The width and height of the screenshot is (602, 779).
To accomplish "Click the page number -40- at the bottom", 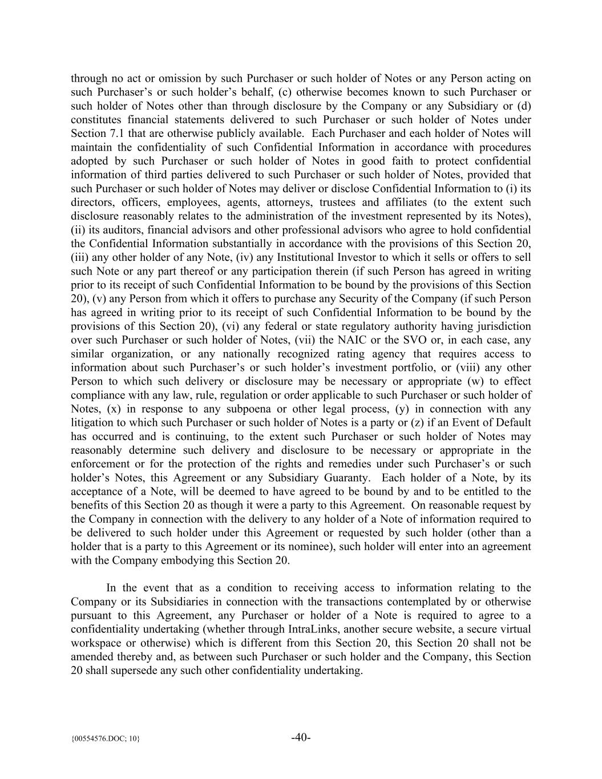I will pyautogui.click(x=301, y=737).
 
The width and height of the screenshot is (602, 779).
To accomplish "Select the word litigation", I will pyautogui.click(x=93, y=423).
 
